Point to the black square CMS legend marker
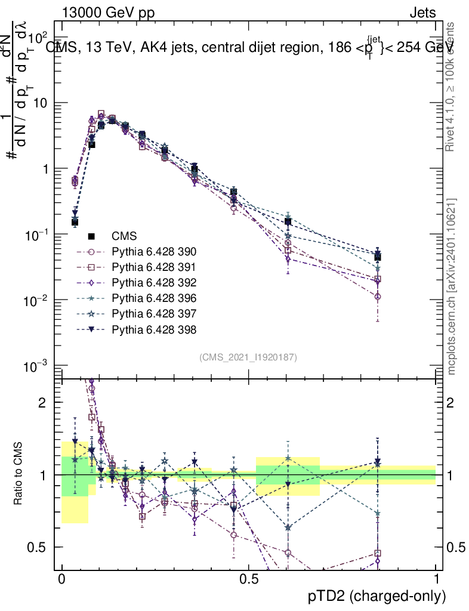(x=92, y=236)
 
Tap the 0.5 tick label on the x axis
(x=248, y=579)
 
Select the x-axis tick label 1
(x=436, y=579)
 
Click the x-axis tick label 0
(x=62, y=579)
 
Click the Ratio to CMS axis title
(x=19, y=475)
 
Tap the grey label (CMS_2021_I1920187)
(x=248, y=357)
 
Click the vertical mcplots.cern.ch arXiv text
(x=452, y=286)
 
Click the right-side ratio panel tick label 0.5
(x=457, y=547)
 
